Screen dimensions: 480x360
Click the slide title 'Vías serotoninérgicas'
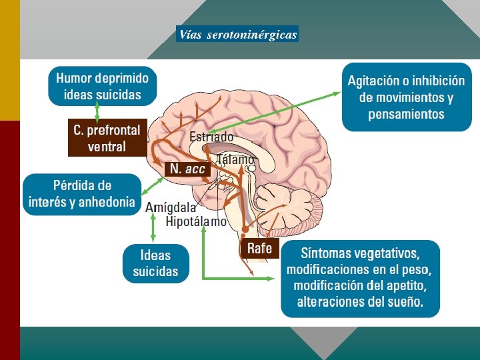point(237,34)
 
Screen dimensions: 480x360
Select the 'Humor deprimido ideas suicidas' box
point(102,86)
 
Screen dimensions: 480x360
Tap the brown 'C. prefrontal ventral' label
point(107,138)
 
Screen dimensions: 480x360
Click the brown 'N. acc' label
point(187,169)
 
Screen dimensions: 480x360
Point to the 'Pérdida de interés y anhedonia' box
point(82,193)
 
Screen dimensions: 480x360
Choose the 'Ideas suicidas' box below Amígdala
point(155,263)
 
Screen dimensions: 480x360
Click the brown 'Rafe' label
point(259,249)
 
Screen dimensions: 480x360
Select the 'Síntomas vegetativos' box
point(360,278)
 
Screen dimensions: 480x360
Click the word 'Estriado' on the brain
point(211,137)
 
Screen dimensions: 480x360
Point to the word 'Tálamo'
point(235,160)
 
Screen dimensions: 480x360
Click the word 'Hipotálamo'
point(196,221)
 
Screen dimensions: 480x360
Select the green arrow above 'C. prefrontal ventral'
point(97,112)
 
